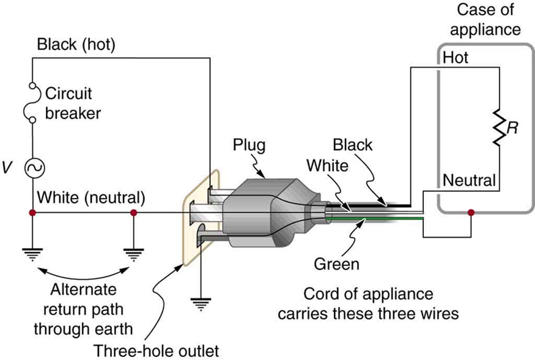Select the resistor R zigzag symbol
500,129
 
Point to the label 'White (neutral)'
91,198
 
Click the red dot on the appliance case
470,213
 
